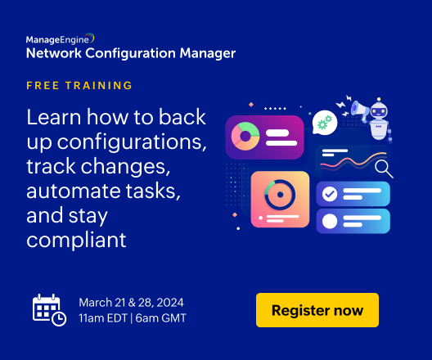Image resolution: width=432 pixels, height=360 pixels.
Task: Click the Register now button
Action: (x=317, y=310)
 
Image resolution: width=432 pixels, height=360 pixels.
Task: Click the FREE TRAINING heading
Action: (x=79, y=85)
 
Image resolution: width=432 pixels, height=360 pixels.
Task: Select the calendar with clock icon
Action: (x=49, y=310)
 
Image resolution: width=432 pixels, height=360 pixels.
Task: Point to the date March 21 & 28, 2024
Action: (x=131, y=303)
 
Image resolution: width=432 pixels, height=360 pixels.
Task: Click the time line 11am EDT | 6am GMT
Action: (x=133, y=318)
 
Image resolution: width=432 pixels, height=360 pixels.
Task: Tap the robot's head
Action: (x=379, y=110)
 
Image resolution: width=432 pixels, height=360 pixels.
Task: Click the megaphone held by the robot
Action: (x=359, y=110)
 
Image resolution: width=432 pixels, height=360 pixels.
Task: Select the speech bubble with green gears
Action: (x=325, y=123)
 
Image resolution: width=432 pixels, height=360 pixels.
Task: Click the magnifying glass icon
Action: (x=384, y=169)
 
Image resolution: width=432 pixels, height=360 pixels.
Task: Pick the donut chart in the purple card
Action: (x=245, y=136)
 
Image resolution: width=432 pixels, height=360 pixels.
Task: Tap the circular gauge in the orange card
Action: (x=280, y=195)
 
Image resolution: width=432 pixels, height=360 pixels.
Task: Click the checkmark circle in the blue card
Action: (x=330, y=194)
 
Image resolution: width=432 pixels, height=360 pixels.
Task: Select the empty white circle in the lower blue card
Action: (x=330, y=221)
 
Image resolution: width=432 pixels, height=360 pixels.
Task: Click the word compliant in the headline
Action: (x=76, y=240)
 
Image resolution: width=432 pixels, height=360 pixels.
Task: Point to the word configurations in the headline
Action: (x=132, y=142)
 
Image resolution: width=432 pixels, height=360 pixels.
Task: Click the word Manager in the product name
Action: (x=208, y=53)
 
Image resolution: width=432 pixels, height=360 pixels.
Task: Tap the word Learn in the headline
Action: (x=54, y=117)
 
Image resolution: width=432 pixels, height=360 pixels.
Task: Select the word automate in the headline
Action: (x=74, y=191)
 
